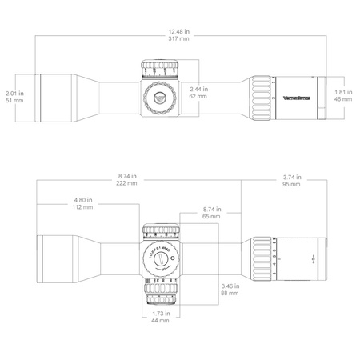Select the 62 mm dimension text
tap(198, 96)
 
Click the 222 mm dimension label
tap(120, 183)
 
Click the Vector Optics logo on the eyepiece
tap(297, 99)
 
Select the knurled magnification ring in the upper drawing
tap(262, 99)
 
